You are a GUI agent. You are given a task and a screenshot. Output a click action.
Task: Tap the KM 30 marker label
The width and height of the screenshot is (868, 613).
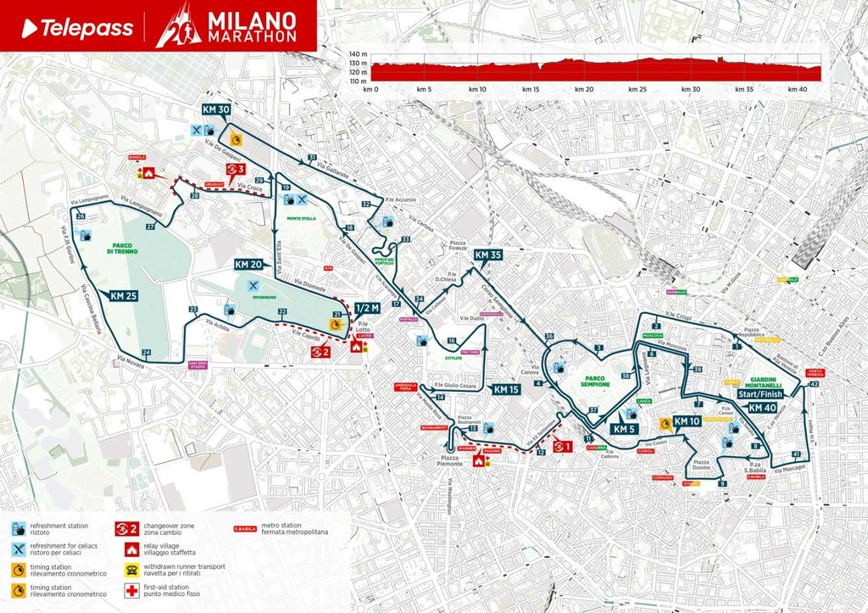click(x=216, y=109)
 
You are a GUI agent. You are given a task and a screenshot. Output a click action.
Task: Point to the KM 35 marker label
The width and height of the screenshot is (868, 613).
click(x=488, y=254)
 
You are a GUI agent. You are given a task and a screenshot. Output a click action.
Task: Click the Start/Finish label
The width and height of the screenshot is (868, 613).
click(x=761, y=394)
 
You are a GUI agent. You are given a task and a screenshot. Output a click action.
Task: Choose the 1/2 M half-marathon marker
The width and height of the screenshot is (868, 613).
click(x=368, y=308)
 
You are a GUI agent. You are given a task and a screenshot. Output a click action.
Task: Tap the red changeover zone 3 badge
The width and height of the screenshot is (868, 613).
click(x=235, y=170)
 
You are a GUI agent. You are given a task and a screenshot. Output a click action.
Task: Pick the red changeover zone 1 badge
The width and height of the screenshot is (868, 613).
click(x=561, y=445)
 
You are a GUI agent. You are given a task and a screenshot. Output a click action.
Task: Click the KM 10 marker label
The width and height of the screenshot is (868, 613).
click(x=687, y=421)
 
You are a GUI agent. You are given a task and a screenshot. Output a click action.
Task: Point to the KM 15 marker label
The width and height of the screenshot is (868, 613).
click(x=506, y=389)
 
